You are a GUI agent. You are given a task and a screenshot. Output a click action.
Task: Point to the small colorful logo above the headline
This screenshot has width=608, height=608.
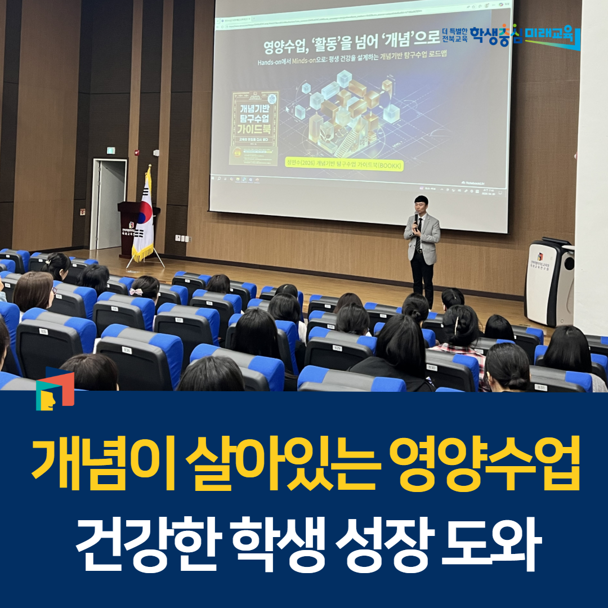(x=54, y=389)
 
